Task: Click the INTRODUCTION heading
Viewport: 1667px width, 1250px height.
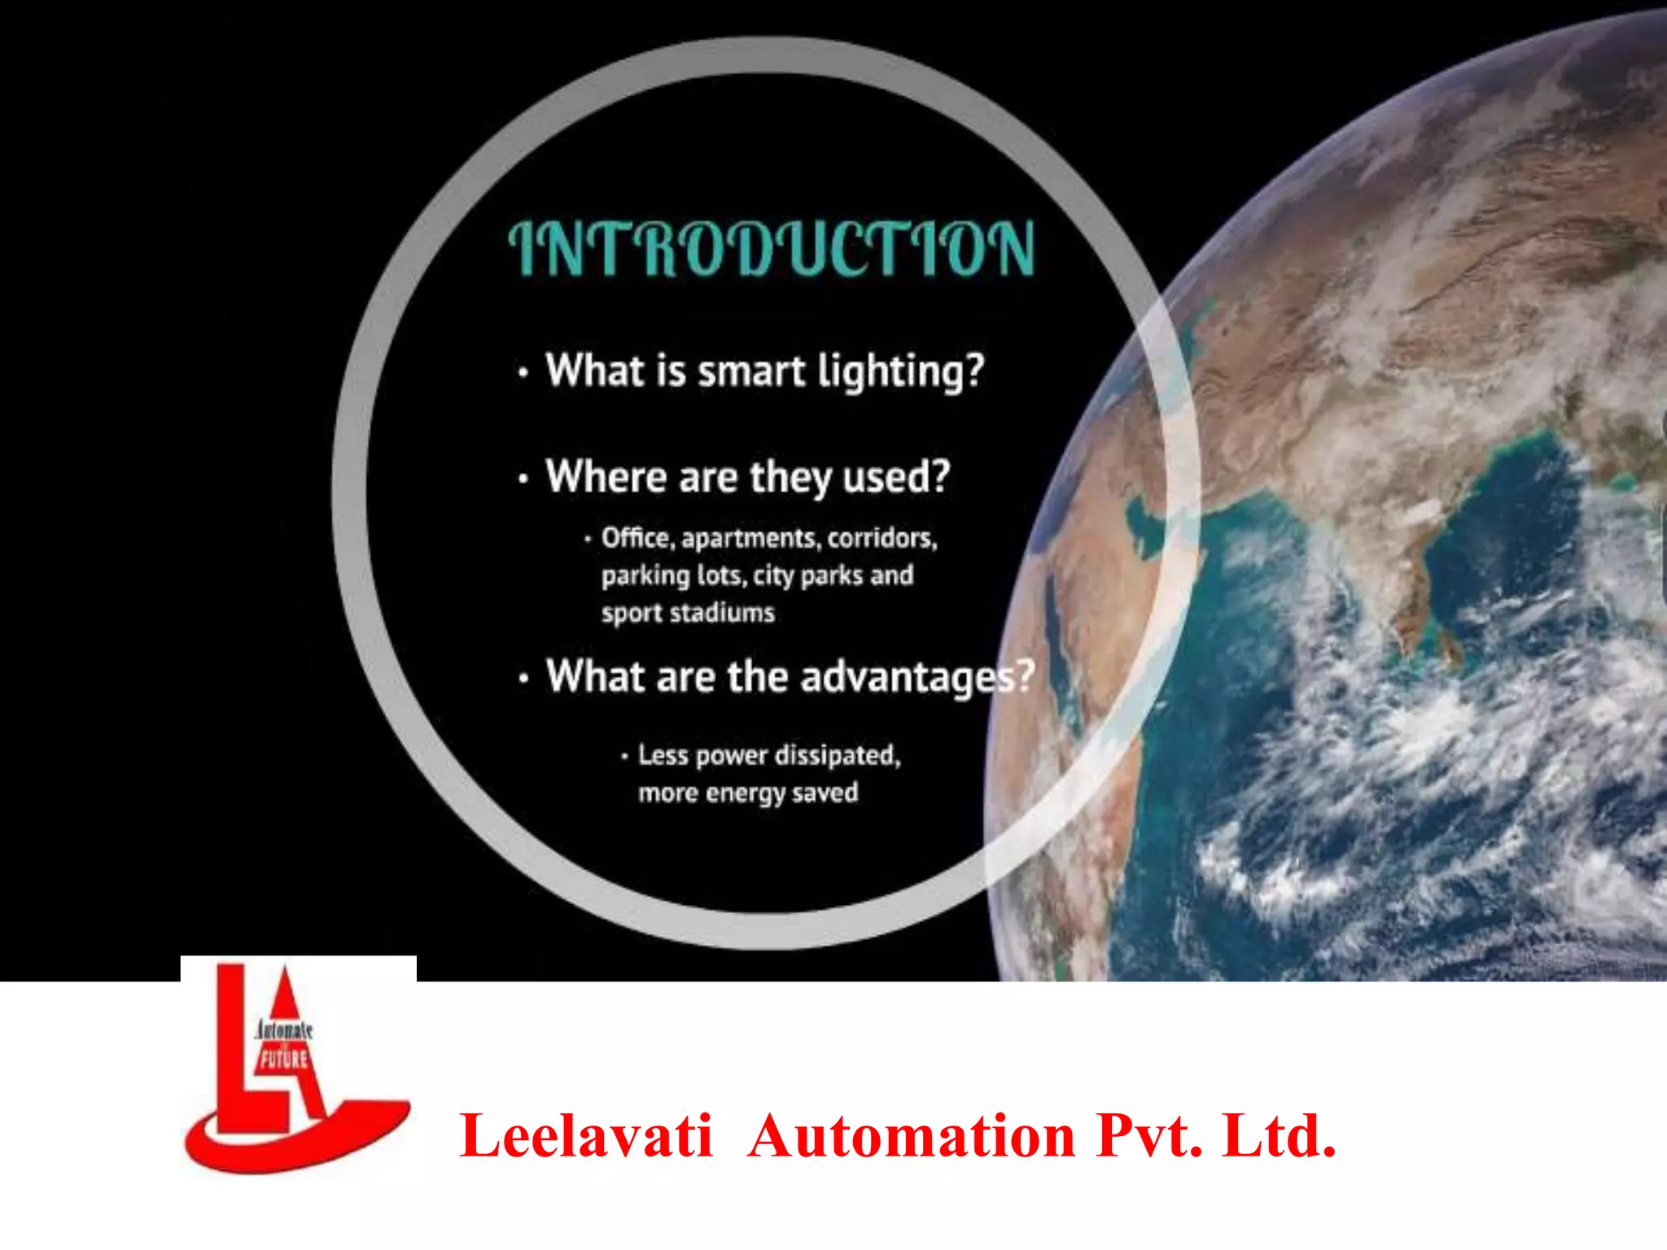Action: tap(772, 248)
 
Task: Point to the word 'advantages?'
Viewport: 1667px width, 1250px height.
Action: tap(917, 678)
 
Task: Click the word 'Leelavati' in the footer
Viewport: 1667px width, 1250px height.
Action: tap(586, 1136)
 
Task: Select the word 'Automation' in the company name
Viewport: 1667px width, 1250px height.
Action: tap(911, 1136)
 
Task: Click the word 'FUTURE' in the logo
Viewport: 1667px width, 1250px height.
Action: tap(283, 1059)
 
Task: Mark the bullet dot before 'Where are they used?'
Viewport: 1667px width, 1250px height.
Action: tap(523, 479)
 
